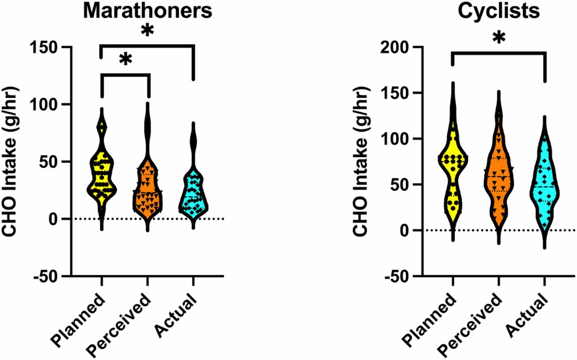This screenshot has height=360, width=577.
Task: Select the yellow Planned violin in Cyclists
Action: coord(452,169)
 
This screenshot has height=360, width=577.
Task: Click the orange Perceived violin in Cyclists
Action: coord(498,178)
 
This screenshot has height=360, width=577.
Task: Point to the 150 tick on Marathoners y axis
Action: coord(48,47)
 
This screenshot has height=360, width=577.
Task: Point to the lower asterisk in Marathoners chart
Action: coord(126,59)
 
